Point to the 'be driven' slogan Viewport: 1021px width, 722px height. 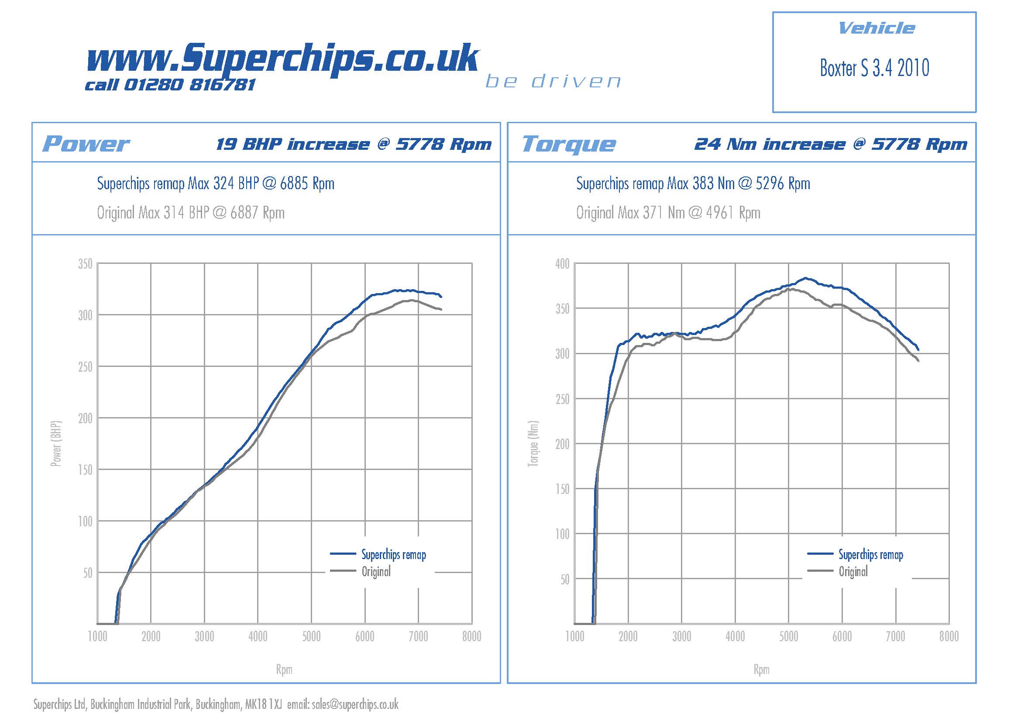[553, 81]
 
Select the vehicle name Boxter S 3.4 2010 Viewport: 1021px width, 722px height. [874, 68]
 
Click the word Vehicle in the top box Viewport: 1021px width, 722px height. [876, 28]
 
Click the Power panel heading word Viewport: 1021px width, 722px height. [86, 144]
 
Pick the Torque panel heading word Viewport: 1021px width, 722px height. [569, 144]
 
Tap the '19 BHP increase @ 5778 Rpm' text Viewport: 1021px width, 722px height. [354, 144]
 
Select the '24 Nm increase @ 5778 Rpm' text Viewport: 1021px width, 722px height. [830, 144]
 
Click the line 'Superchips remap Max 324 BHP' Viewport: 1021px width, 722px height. [216, 183]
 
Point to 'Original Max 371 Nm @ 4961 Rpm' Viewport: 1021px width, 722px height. [668, 213]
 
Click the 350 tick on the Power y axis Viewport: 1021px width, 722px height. [85, 264]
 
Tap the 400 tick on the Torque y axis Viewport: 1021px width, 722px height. [562, 264]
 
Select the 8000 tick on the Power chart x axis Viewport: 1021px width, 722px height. [471, 636]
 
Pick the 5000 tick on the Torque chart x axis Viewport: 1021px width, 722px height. [788, 636]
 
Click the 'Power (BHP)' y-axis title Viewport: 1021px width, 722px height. [56, 443]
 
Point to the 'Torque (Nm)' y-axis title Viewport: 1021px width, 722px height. [533, 443]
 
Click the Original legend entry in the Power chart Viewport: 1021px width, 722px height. [376, 572]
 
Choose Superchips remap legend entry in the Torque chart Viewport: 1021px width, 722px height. [870, 555]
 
